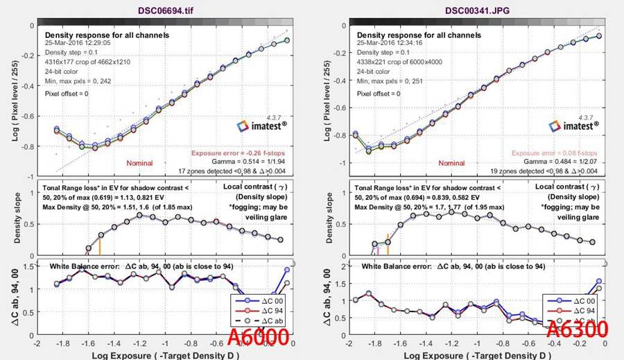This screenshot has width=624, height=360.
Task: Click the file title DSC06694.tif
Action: [x=161, y=7]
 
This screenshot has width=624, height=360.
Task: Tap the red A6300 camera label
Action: [x=577, y=329]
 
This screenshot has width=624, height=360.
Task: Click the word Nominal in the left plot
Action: [x=139, y=163]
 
